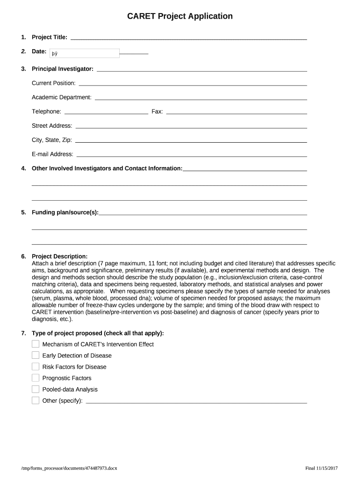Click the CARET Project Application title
(x=180, y=16)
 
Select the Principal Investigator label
(x=63, y=69)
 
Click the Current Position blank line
(x=193, y=84)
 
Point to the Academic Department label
(x=62, y=97)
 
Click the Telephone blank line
(x=106, y=112)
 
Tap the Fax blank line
(x=237, y=112)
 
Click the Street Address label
(x=52, y=126)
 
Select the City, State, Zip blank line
(x=191, y=140)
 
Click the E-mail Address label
(x=52, y=154)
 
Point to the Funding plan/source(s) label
(x=65, y=212)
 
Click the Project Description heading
(x=59, y=256)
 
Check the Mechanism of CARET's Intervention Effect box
(x=36, y=344)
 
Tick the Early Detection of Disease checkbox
(x=36, y=355)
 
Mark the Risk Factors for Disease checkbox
(x=36, y=366)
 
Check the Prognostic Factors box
(x=36, y=377)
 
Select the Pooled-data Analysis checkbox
(x=36, y=389)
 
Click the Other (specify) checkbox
(x=36, y=400)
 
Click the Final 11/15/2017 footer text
(x=321, y=468)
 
